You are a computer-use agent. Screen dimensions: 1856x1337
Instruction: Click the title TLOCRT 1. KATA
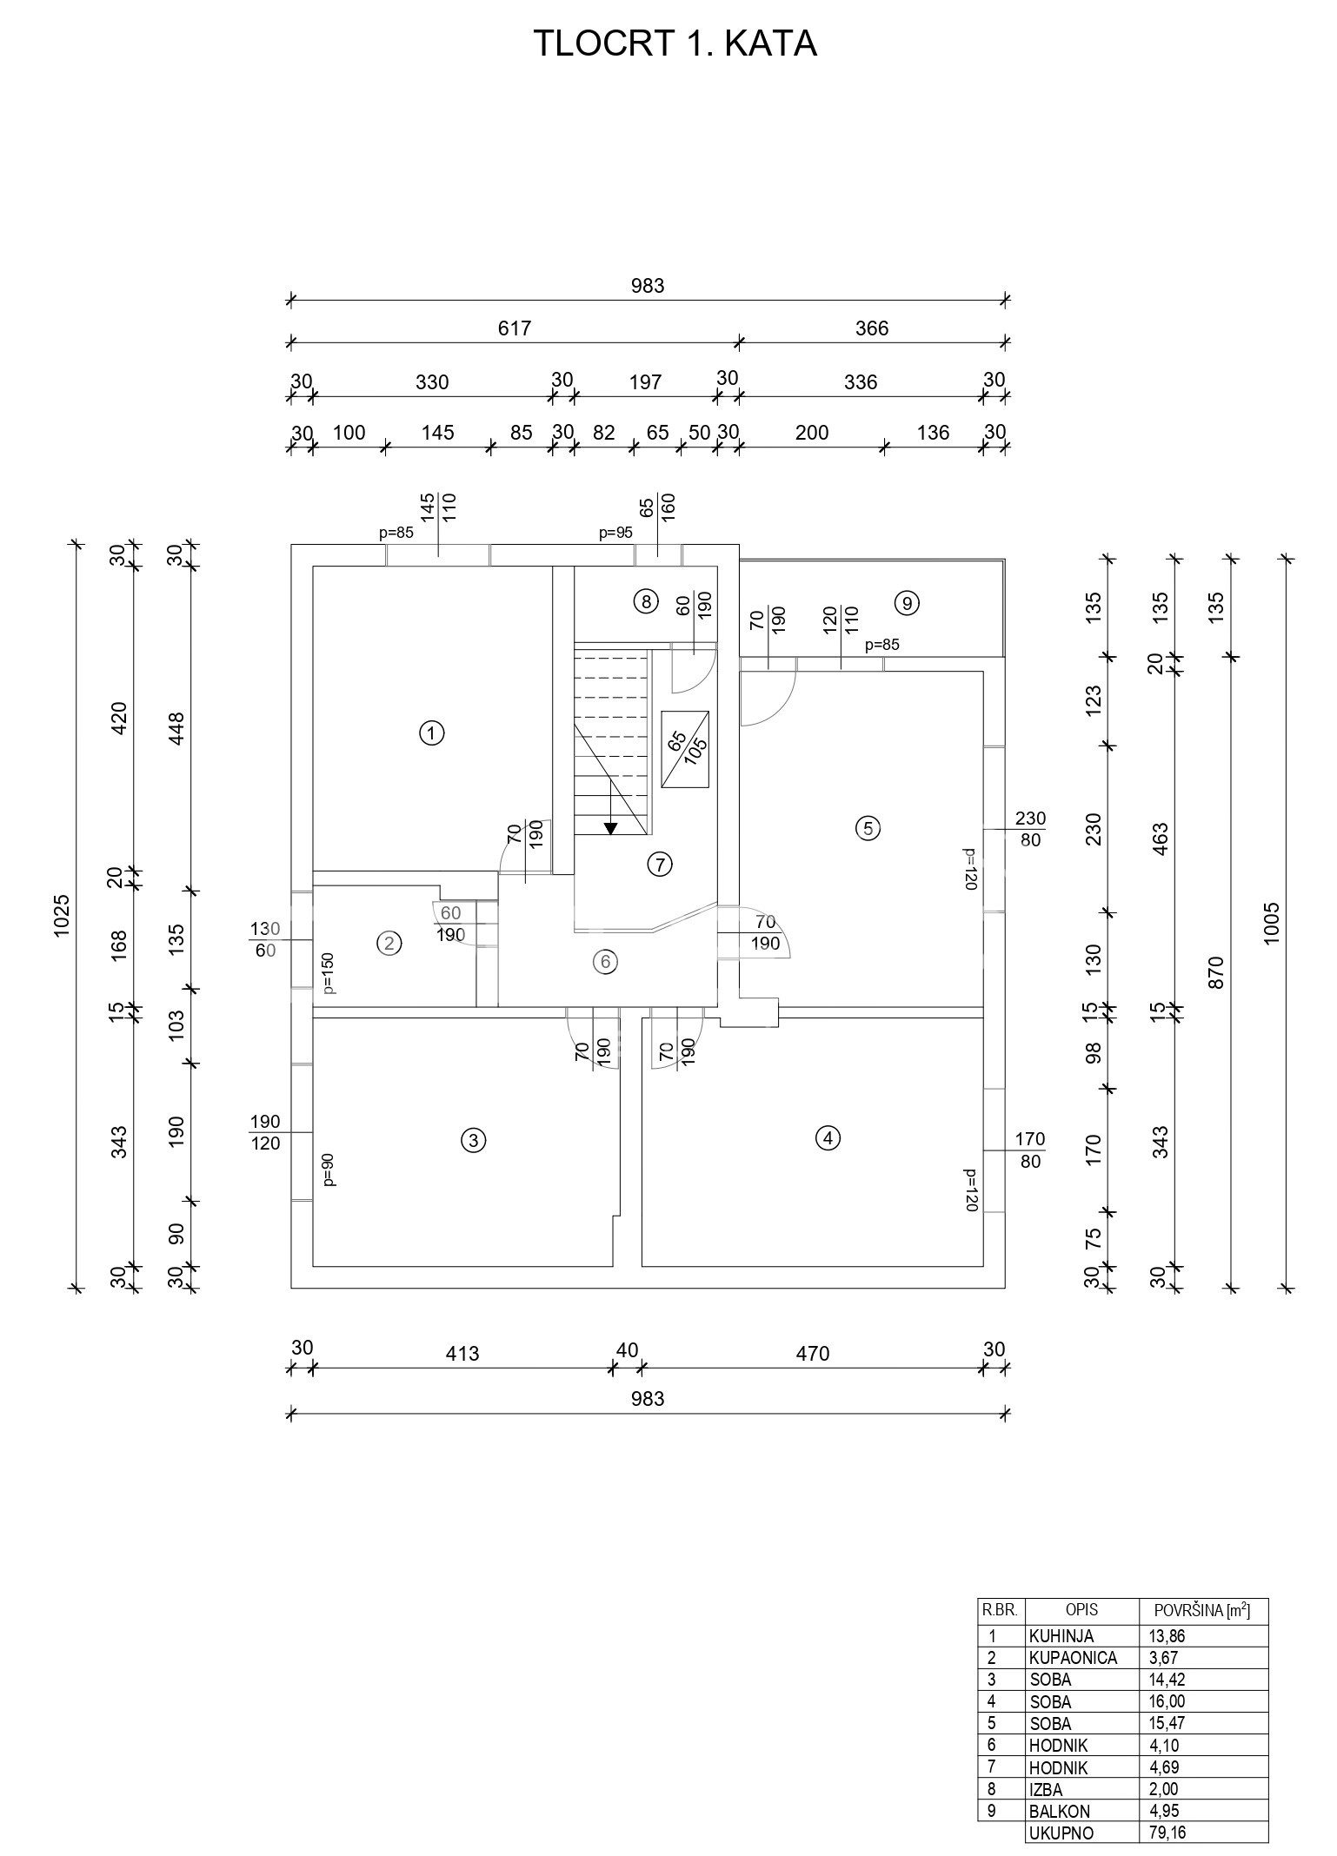coord(674,43)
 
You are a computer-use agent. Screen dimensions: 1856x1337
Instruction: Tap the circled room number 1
coord(431,733)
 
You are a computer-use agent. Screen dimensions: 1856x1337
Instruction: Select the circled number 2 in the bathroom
coord(389,943)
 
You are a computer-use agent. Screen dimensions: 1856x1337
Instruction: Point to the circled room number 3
coord(472,1141)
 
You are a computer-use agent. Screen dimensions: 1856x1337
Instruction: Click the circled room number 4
coord(828,1137)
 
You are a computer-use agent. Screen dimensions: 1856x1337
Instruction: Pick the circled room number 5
coord(867,828)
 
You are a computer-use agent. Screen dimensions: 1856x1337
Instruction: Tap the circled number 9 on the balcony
coord(907,603)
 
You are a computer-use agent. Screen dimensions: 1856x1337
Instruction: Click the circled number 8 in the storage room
coord(644,601)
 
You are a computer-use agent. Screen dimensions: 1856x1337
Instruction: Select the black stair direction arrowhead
coord(611,828)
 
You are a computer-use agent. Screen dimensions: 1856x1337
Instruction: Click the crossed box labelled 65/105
coord(685,749)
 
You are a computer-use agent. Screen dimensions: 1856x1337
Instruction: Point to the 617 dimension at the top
coord(515,328)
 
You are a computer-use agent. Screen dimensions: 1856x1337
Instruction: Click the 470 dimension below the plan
coord(813,1354)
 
